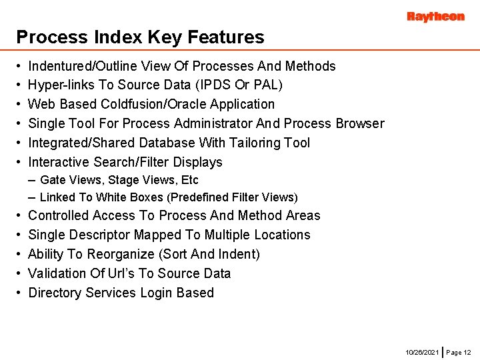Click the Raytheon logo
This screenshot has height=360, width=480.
click(x=435, y=17)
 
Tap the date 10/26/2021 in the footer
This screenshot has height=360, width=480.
click(x=422, y=351)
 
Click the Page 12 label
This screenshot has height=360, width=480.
click(x=458, y=351)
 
